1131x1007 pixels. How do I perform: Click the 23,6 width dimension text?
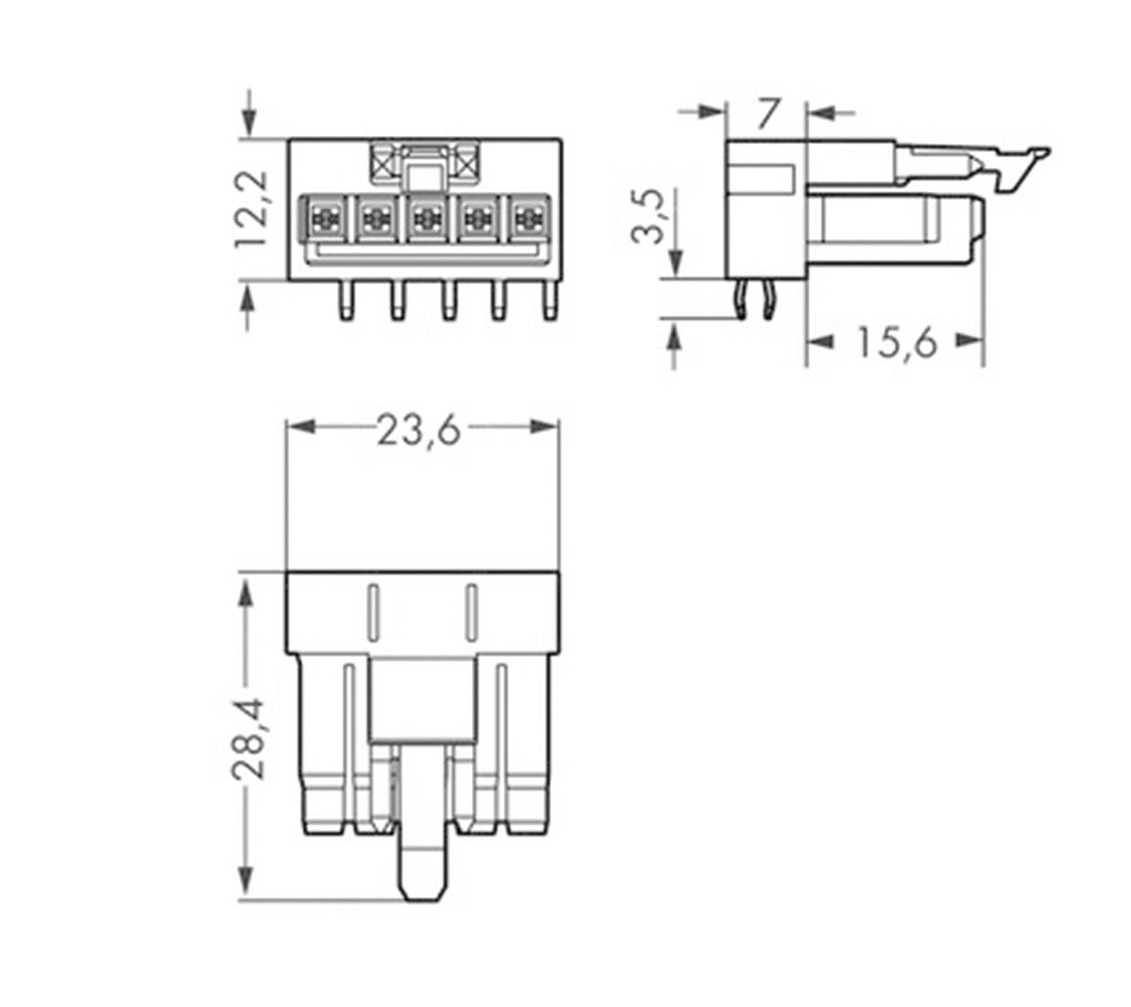click(x=418, y=431)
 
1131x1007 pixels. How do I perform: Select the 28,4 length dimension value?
click(x=248, y=737)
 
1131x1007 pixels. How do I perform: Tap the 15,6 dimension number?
click(x=895, y=343)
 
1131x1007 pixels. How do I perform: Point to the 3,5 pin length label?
click(x=649, y=216)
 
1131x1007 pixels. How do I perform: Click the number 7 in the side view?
click(x=766, y=114)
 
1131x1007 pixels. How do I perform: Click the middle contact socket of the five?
click(x=426, y=220)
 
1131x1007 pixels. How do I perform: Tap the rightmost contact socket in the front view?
click(x=528, y=220)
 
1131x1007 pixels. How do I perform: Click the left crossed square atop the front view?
click(x=384, y=165)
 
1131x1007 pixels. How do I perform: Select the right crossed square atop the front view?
click(x=465, y=165)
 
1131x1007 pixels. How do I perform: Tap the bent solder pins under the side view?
click(x=754, y=300)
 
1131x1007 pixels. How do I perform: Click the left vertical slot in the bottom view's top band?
click(x=372, y=611)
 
